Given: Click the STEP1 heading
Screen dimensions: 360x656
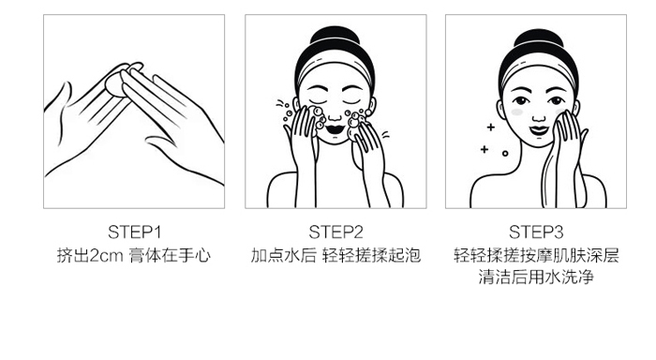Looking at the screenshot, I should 135,232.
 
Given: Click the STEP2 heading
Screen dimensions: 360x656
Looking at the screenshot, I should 335,232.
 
